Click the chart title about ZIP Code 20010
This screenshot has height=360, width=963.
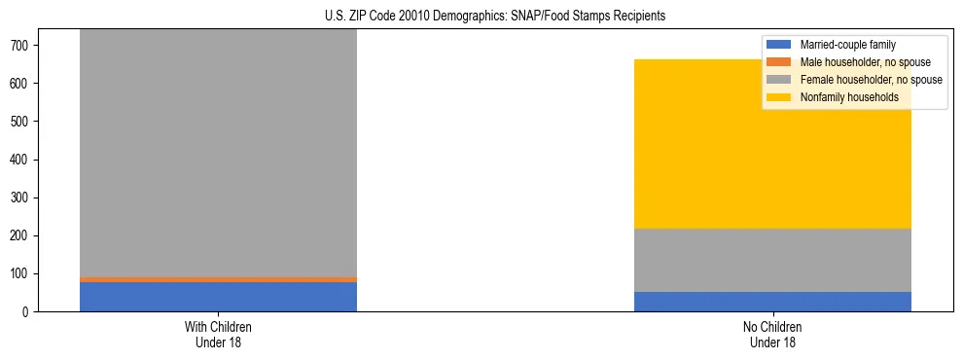(x=481, y=16)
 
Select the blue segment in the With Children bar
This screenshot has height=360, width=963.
(x=218, y=297)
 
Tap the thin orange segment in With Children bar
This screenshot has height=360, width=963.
(x=218, y=279)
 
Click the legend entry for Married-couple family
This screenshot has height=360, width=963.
(x=847, y=45)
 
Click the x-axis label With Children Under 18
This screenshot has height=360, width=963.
(x=218, y=335)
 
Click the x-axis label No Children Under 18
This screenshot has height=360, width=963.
(x=772, y=335)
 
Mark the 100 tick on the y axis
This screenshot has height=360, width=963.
(x=26, y=274)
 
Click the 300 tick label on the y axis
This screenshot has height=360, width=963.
(x=26, y=198)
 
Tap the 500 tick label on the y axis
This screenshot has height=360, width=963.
(x=26, y=122)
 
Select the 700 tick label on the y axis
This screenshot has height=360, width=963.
(x=26, y=46)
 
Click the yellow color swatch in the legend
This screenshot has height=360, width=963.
(x=779, y=97)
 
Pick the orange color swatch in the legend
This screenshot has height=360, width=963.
(x=779, y=62)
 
